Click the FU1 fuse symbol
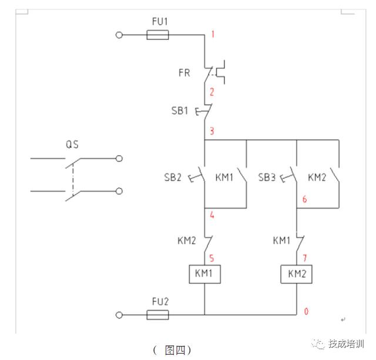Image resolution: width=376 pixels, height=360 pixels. click(157, 35)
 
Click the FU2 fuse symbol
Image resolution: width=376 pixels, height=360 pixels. click(157, 315)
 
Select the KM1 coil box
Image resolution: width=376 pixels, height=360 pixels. click(204, 274)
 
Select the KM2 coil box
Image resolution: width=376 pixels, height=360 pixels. click(297, 274)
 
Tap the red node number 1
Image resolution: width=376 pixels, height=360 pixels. click(213, 34)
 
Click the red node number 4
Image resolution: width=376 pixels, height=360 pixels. click(212, 216)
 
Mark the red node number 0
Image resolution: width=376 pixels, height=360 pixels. click(305, 311)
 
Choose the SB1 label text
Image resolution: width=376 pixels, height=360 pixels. click(180, 110)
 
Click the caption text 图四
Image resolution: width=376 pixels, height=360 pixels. click(174, 350)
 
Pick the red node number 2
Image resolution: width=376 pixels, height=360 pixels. click(212, 92)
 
